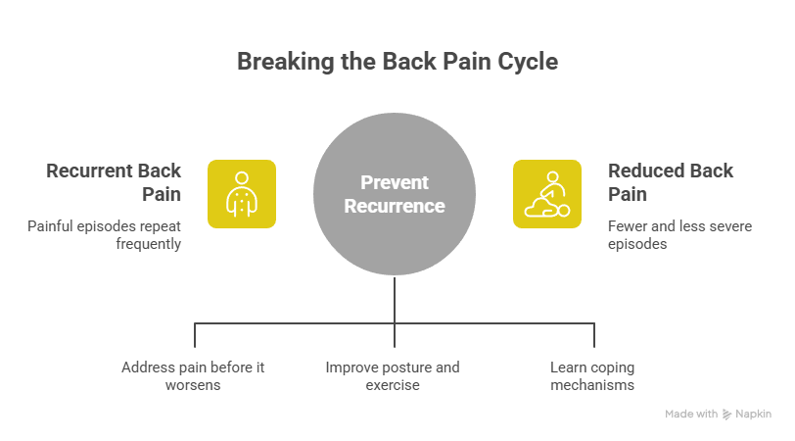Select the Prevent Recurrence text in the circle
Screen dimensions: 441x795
tap(395, 194)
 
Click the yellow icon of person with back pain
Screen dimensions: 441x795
tap(241, 194)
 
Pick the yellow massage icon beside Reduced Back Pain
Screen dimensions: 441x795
tap(547, 194)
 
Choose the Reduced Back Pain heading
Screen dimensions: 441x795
tap(671, 182)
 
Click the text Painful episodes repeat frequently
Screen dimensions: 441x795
tap(105, 235)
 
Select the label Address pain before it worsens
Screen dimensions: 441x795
tap(193, 376)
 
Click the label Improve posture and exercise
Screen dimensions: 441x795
tap(393, 376)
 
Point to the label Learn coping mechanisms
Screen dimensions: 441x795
tap(591, 376)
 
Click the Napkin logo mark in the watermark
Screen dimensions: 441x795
tap(727, 415)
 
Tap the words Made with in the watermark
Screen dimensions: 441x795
tap(691, 415)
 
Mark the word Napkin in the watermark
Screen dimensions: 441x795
tap(753, 415)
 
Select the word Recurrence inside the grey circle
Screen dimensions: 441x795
tap(395, 207)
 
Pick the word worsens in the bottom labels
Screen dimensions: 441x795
tap(193, 386)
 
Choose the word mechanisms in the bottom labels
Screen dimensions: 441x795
tap(591, 386)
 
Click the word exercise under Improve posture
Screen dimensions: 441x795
tap(393, 386)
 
